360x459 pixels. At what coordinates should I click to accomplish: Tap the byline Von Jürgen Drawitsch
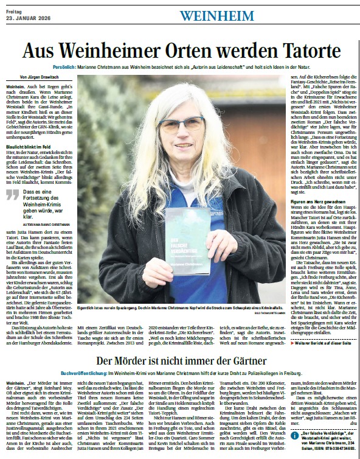pyautogui.click(x=41, y=79)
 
